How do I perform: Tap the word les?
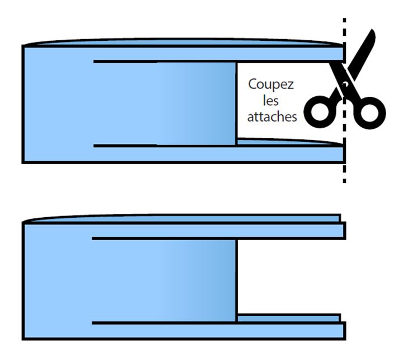point(271,102)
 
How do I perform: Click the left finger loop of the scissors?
point(323,110)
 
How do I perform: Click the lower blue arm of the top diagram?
point(280,154)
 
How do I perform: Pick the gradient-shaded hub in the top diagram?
point(196,104)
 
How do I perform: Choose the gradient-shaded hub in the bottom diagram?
point(196,280)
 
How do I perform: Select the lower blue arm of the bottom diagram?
point(280,330)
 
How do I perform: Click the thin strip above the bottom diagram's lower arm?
point(288,317)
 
